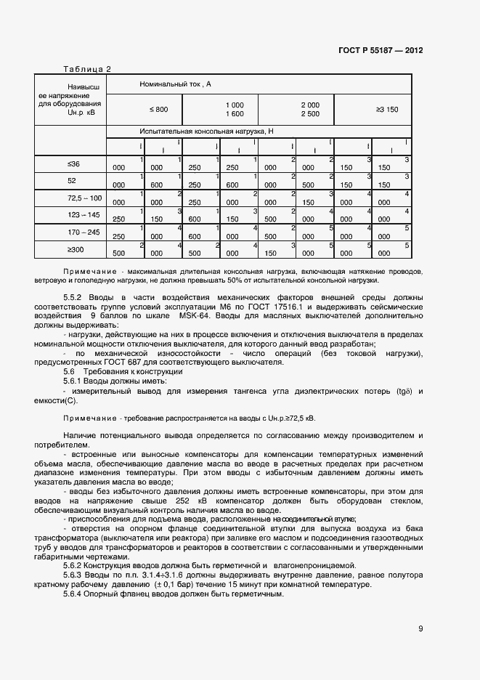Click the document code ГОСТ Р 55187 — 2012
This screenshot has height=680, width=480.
pyautogui.click(x=381, y=51)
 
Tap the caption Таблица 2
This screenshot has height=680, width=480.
pyautogui.click(x=87, y=70)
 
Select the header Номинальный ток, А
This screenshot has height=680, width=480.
pyautogui.click(x=175, y=85)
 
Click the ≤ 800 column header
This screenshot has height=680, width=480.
pyautogui.click(x=158, y=109)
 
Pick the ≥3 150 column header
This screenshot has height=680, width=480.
pyautogui.click(x=386, y=109)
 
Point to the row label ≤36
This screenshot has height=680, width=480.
pyautogui.click(x=73, y=164)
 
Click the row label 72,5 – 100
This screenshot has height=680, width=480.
pyautogui.click(x=85, y=198)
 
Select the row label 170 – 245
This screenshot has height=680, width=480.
pyautogui.click(x=84, y=232)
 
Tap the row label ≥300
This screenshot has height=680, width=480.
pyautogui.click(x=75, y=249)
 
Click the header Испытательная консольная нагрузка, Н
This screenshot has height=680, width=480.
pyautogui.click(x=206, y=131)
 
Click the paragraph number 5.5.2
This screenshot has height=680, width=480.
pyautogui.click(x=76, y=298)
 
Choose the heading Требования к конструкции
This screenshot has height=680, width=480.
pyautogui.click(x=133, y=371)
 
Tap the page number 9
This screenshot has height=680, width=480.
pyautogui.click(x=420, y=629)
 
